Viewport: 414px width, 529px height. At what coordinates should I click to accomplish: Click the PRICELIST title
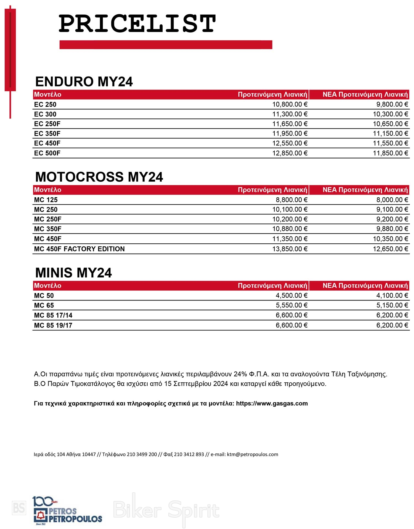pos(137,24)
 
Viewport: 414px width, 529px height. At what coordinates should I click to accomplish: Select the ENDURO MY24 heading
pos(84,82)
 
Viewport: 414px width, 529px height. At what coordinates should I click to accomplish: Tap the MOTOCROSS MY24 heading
pos(99,177)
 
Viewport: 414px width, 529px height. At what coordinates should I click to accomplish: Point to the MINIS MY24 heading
pos(73,273)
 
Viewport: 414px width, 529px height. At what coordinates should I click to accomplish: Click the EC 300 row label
pos(45,114)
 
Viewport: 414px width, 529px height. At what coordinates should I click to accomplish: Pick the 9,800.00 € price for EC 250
pos(392,104)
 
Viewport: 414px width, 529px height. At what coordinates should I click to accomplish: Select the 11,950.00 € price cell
pos(290,134)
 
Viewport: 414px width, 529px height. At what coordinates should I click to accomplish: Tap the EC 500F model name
pos(47,153)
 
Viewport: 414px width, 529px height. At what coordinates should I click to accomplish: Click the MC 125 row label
pos(46,200)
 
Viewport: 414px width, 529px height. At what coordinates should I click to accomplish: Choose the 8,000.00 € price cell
pos(392,200)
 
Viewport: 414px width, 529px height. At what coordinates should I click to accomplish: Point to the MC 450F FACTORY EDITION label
pos(79,249)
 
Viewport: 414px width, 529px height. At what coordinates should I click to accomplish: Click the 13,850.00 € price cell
pos(290,249)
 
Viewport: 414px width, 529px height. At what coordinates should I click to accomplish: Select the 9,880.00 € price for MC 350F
pos(392,229)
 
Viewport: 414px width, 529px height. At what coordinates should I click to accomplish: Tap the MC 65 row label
pos(44,306)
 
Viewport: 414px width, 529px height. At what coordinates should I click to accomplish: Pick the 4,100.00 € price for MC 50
pos(392,296)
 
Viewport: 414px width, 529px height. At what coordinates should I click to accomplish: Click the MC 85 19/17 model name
pos(53,325)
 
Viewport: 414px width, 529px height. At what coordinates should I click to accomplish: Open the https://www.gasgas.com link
pos(272,404)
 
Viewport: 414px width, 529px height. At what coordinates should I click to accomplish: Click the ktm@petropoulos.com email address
pos(253,454)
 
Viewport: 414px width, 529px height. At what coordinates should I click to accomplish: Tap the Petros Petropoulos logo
pos(67,511)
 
